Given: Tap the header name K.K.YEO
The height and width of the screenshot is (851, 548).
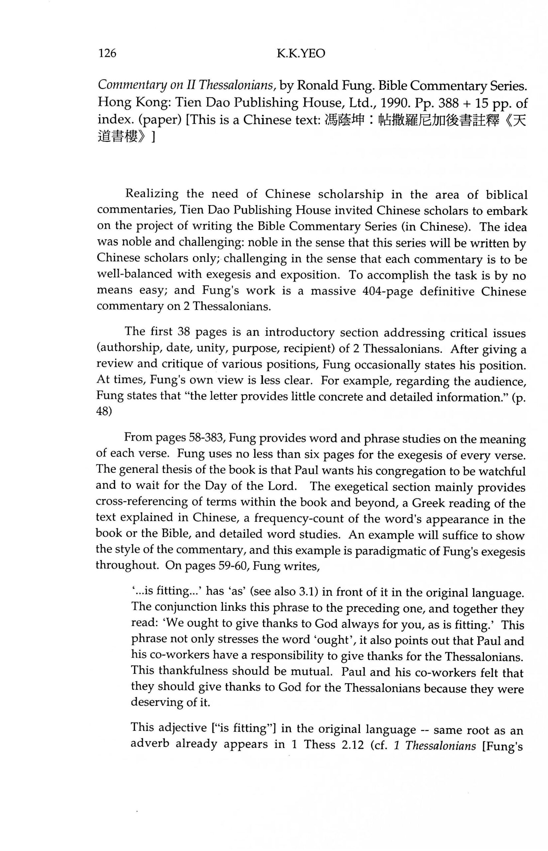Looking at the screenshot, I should coord(301,54).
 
